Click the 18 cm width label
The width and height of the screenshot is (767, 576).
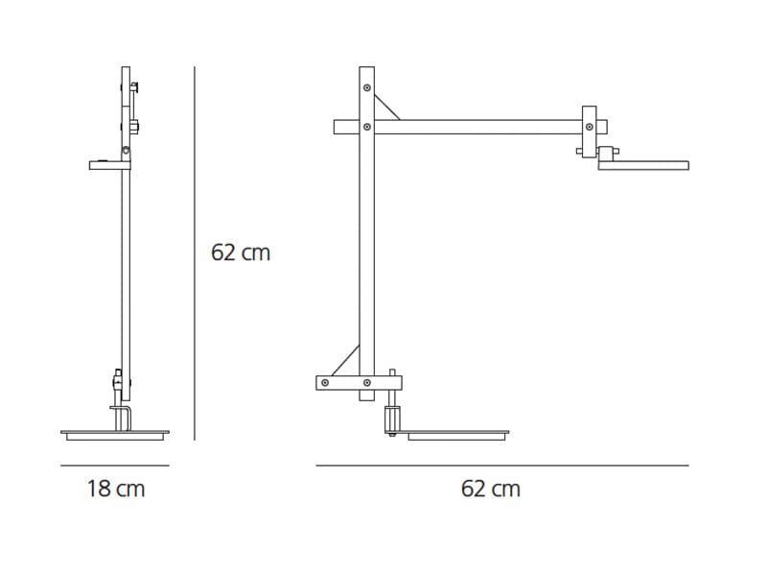point(116,489)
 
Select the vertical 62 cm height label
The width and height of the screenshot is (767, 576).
point(241,252)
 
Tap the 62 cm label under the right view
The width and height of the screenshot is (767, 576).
point(491,489)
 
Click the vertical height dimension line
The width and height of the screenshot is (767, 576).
point(195,253)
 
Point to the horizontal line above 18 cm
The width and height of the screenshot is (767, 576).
point(115,466)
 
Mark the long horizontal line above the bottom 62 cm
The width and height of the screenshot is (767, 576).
point(502,466)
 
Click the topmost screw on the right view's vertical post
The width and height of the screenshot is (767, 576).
point(367,87)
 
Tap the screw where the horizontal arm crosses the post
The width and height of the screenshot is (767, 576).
point(367,127)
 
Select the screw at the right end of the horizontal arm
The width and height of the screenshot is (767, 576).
point(590,127)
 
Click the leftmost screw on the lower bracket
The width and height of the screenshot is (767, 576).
point(325,382)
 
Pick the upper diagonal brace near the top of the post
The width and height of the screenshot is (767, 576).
point(387,108)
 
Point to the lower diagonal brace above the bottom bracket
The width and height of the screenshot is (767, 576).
point(345,361)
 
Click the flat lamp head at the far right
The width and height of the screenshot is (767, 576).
point(643,165)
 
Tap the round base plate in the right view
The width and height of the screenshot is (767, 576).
point(453,436)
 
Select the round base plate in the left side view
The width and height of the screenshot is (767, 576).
point(115,436)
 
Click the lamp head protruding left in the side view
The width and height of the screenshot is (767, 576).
point(109,165)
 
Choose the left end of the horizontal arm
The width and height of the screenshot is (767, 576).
point(335,127)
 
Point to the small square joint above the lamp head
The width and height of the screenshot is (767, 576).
point(606,154)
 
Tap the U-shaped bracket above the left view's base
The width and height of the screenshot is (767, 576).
point(121,419)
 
